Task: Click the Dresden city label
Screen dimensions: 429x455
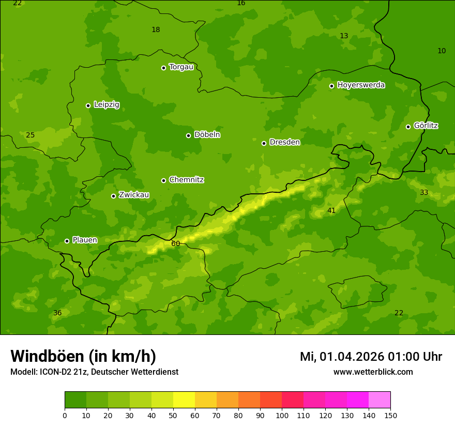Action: tap(284, 142)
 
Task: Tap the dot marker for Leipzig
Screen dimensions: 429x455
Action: tap(88, 105)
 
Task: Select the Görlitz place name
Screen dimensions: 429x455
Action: tap(426, 126)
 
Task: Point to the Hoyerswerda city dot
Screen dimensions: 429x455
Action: tap(331, 86)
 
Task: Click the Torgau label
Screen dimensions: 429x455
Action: tap(181, 67)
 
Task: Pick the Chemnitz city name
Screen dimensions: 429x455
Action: tap(186, 180)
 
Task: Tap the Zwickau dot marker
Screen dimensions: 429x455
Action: tap(113, 196)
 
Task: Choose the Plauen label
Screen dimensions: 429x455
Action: tap(84, 240)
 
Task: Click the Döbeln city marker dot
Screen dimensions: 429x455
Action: tap(188, 135)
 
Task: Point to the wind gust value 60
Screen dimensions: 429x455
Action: tap(175, 243)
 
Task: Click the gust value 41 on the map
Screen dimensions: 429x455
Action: tap(331, 210)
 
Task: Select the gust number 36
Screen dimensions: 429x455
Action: tap(57, 313)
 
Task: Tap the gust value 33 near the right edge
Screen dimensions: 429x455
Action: tap(424, 192)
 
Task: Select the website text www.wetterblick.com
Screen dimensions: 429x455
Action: tap(373, 372)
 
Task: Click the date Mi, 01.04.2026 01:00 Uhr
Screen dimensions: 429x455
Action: tap(371, 357)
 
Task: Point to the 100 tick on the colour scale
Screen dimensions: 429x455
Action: tap(282, 415)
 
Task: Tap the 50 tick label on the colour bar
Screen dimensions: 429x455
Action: tap(173, 415)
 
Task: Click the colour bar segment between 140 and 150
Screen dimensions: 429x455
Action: tap(380, 400)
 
